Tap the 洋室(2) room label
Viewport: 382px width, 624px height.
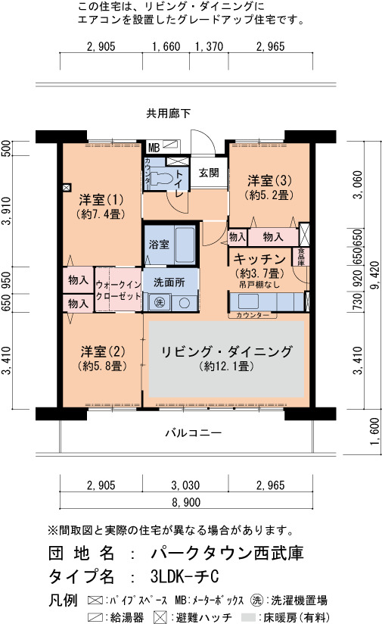point(103,351)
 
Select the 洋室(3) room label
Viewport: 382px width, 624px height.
point(269,180)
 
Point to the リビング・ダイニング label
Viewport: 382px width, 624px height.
point(227,351)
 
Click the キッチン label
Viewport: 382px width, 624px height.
point(259,259)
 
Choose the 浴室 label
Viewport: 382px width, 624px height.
point(159,245)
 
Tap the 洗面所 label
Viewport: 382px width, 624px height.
point(169,282)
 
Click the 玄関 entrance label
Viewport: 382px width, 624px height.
point(209,173)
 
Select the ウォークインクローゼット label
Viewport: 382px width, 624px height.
point(118,291)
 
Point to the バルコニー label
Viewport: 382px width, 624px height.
point(194,432)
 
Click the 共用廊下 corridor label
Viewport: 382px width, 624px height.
point(168,114)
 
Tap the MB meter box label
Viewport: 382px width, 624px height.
point(154,148)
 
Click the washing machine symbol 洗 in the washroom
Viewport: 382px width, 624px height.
point(159,302)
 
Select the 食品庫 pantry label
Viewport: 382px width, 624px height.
point(301,257)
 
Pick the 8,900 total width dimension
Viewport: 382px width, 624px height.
point(186,502)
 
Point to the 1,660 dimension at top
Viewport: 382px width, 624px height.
point(166,46)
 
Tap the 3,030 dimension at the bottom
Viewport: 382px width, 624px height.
point(185,485)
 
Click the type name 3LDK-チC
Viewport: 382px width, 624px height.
point(185,576)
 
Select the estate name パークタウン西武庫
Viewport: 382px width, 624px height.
point(228,553)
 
